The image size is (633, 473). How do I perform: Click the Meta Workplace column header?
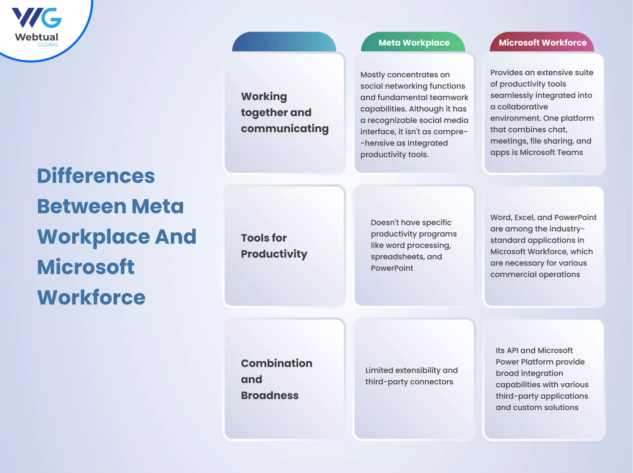pos(414,43)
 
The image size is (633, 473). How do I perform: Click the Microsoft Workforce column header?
pos(542,43)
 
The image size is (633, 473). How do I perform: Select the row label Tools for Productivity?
pos(274,246)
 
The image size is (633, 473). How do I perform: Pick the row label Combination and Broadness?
pos(277,379)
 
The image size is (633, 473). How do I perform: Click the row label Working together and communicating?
pos(285,113)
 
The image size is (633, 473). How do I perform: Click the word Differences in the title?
pos(96,176)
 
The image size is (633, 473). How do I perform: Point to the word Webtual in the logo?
pos(36,37)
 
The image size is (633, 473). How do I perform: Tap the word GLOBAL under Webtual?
pos(48,45)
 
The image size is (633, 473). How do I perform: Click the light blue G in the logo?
pos(51,18)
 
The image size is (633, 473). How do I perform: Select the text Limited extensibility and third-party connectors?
pos(411,376)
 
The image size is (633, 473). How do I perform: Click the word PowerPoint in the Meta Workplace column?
pos(392,268)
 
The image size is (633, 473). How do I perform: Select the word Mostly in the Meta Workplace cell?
pos(373,75)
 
